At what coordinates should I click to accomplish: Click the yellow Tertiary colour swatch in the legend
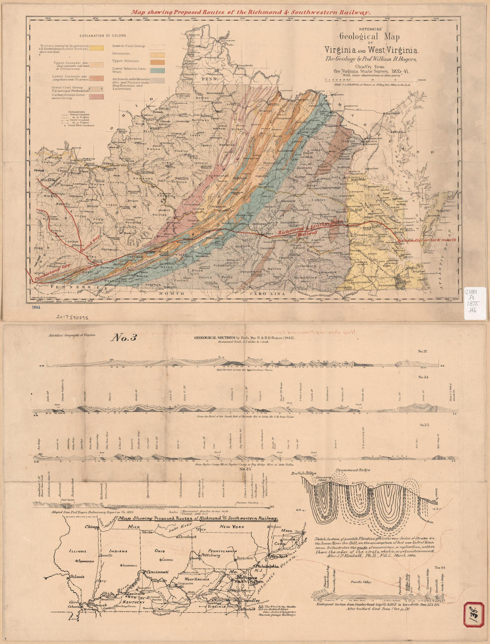pyautogui.click(x=96, y=48)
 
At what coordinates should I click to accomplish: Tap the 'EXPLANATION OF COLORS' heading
pyautogui.click(x=103, y=35)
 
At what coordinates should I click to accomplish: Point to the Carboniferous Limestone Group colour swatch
pyautogui.click(x=96, y=97)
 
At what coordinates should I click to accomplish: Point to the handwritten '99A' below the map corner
pyautogui.click(x=36, y=307)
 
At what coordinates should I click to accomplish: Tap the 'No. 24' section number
pyautogui.click(x=423, y=377)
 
